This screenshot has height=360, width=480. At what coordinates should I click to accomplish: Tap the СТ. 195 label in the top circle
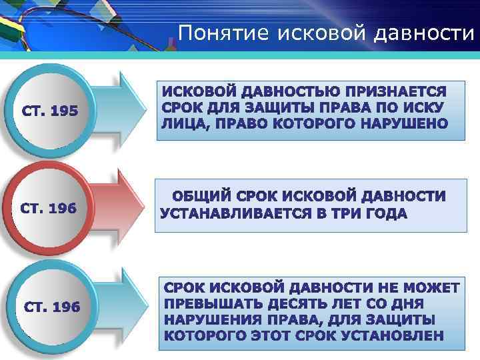(51, 111)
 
